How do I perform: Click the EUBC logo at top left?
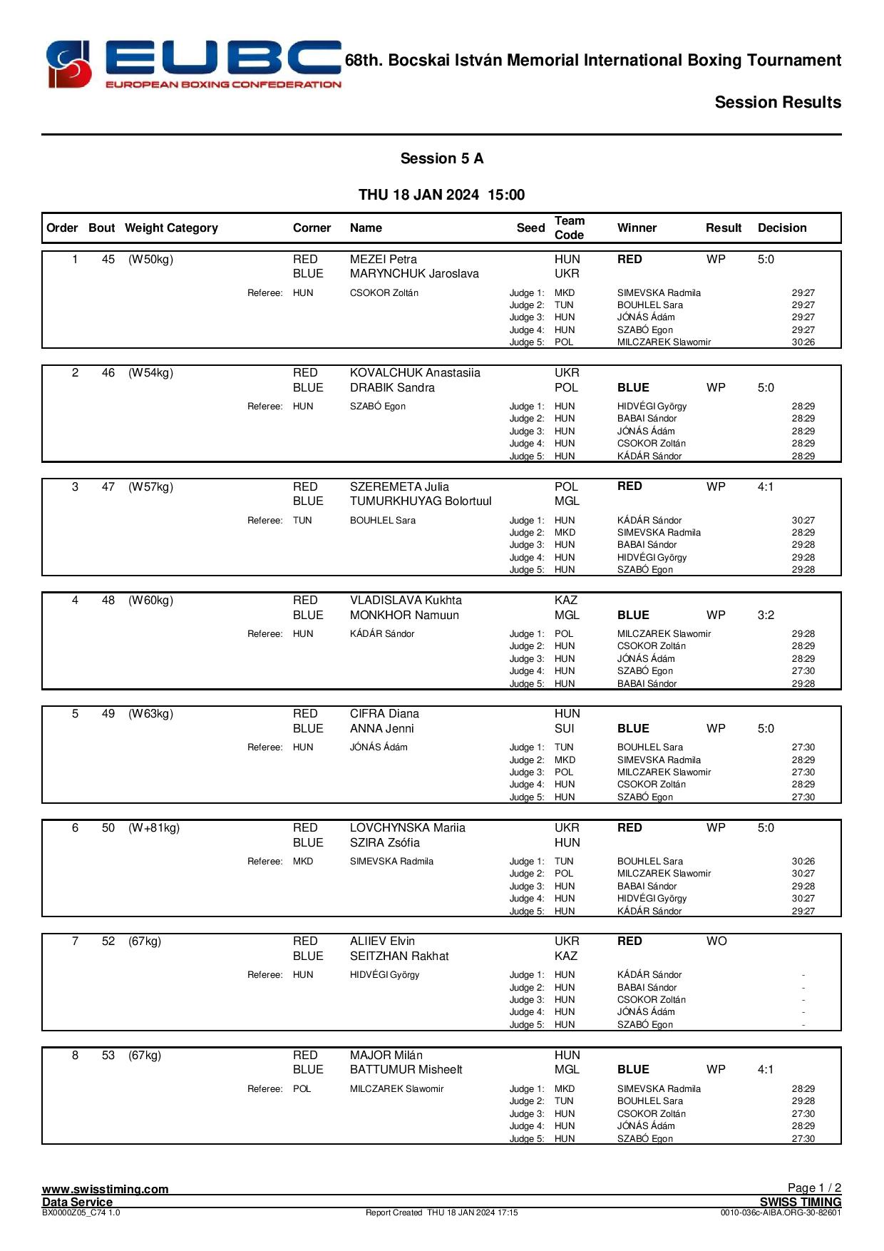point(193,64)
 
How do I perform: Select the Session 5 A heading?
point(441,158)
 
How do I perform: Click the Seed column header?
point(530,228)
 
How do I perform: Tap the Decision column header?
point(782,228)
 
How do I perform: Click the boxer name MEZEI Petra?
point(383,260)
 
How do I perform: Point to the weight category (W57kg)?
point(150,487)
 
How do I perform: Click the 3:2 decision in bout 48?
point(766,616)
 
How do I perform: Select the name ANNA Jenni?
point(381,729)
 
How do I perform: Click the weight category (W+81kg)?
point(154,828)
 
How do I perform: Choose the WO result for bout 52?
point(716,941)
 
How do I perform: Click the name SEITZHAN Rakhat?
point(399,956)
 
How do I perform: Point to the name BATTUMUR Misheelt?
point(406,1070)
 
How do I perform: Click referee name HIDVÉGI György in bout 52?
point(384,975)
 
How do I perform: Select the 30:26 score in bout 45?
point(803,342)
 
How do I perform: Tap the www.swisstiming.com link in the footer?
point(106,1189)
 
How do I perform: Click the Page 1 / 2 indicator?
point(814,1188)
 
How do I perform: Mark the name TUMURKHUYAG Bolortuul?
point(421,501)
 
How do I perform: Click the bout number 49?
point(108,714)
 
